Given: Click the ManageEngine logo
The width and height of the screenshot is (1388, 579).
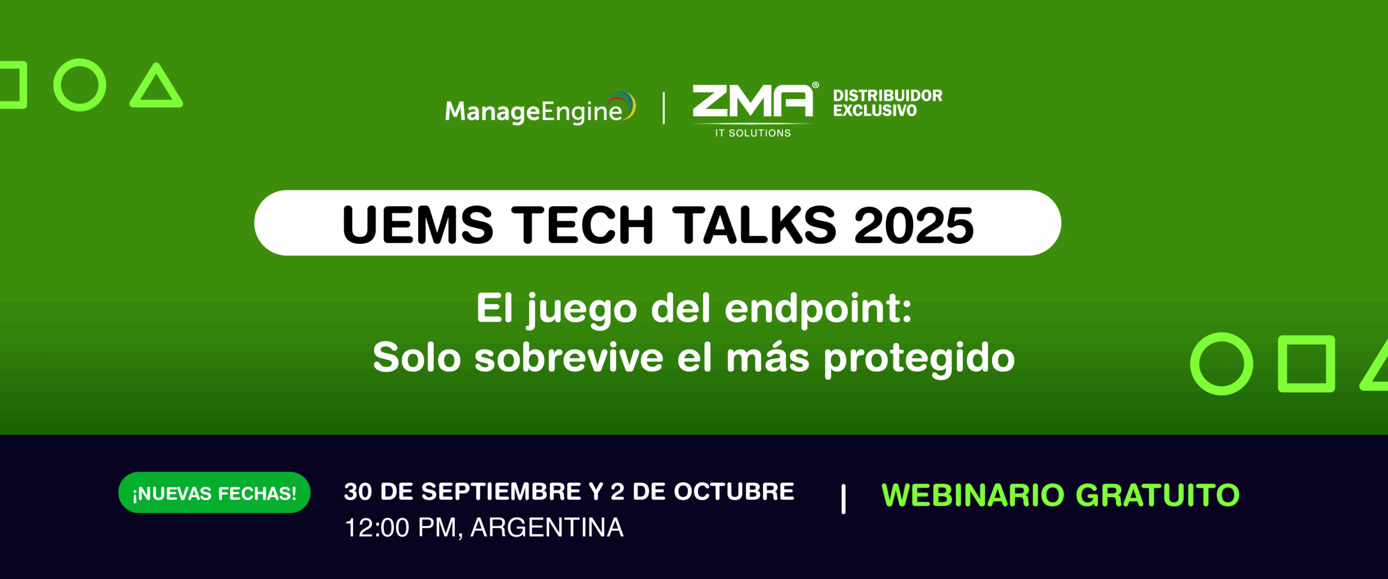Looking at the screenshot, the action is click(x=540, y=109).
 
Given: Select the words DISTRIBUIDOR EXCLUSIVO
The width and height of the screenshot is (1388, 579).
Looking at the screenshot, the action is click(x=888, y=103).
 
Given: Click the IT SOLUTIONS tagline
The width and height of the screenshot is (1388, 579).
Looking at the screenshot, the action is click(x=753, y=133).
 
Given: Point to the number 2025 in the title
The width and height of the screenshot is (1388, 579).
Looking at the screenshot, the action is click(x=914, y=225).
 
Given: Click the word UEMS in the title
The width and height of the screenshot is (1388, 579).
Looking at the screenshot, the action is click(x=417, y=225).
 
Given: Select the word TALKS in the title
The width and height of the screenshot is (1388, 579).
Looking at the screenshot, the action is click(x=755, y=225).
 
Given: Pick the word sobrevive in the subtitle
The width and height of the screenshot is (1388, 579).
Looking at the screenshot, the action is click(x=569, y=358).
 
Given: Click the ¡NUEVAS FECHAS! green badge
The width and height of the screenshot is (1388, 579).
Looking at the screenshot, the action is click(x=214, y=493).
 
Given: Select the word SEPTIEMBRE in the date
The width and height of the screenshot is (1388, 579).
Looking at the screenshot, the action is click(x=501, y=492).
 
